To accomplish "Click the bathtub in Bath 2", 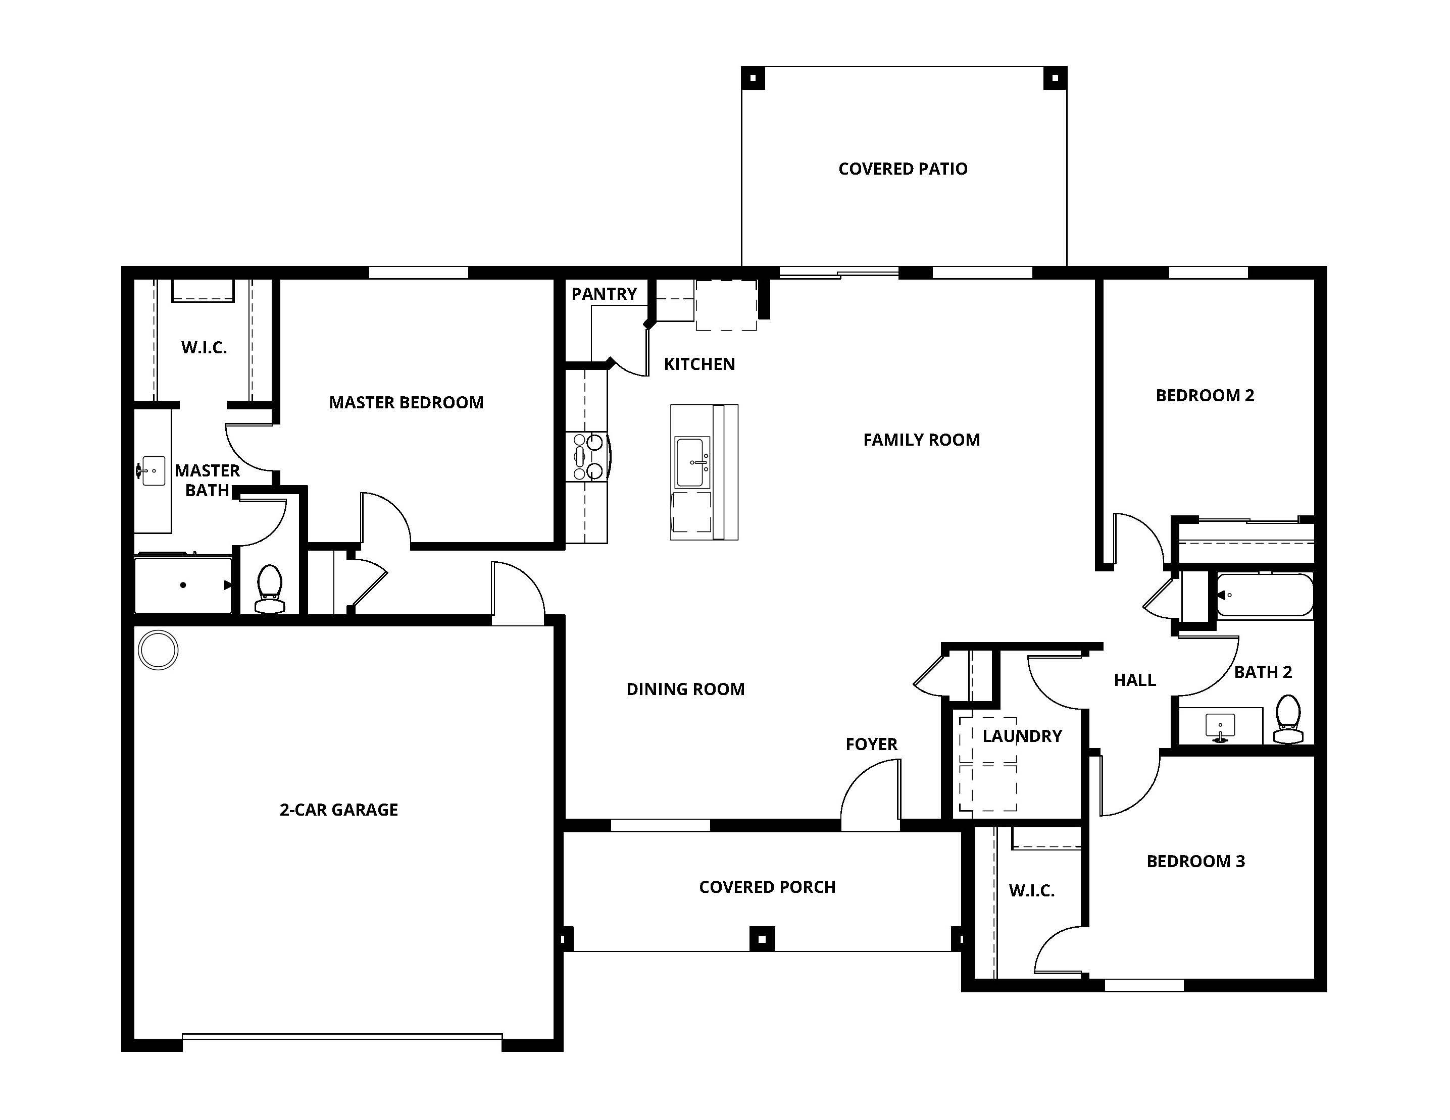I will [1264, 595].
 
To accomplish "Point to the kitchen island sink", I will [692, 462].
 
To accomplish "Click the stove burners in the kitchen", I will [587, 456].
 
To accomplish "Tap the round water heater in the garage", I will [158, 649].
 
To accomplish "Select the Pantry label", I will [604, 293].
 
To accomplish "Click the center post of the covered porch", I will [762, 939].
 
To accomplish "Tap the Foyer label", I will [871, 744].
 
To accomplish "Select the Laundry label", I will [1022, 736].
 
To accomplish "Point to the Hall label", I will [1135, 679].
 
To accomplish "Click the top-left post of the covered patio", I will [753, 78].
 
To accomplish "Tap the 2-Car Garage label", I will [338, 810].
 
